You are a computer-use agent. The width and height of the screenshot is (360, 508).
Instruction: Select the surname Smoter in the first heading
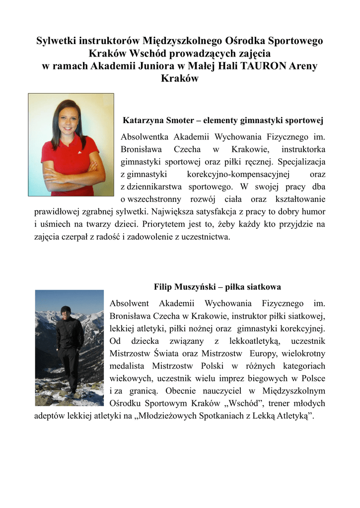coord(177,120)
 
